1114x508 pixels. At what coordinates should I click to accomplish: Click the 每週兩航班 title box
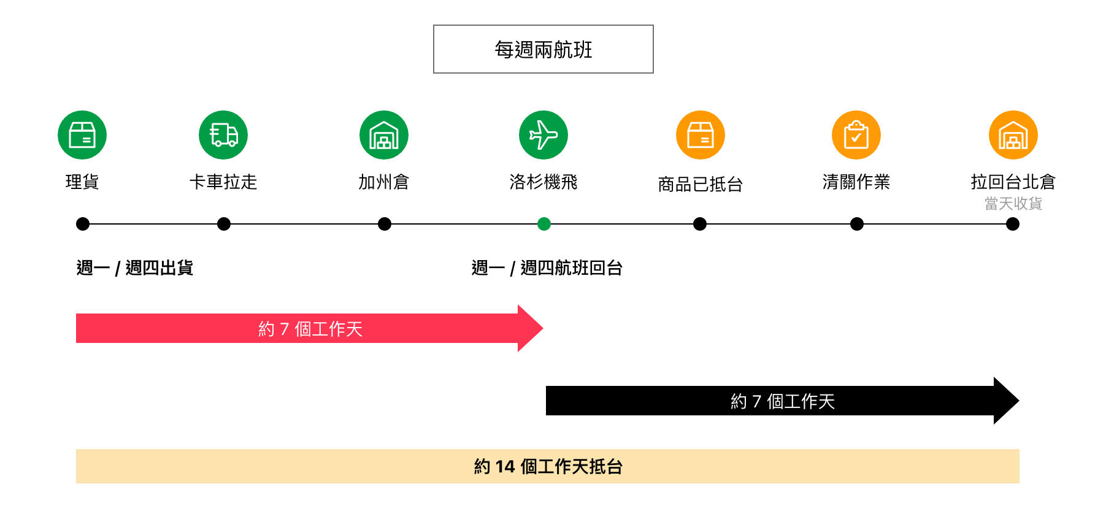click(543, 49)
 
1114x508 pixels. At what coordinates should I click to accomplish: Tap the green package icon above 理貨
click(82, 135)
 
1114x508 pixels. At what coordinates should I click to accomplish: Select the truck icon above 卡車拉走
click(223, 135)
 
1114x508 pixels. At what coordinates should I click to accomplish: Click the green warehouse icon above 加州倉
click(384, 135)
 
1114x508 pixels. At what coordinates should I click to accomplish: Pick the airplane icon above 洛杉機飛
click(544, 135)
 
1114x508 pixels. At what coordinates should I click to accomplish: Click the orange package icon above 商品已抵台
click(701, 135)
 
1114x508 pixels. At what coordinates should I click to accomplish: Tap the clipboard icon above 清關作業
click(856, 135)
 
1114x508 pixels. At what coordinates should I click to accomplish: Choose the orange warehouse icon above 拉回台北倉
click(1013, 135)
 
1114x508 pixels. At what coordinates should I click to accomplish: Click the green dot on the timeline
click(544, 224)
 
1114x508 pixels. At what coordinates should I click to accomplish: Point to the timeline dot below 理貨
click(83, 224)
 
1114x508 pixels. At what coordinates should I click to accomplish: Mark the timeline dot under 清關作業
click(857, 224)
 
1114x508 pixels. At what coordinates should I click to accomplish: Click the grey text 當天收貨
click(1013, 204)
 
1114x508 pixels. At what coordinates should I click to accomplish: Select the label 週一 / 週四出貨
click(135, 268)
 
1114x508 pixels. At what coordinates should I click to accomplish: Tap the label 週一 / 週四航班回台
click(547, 268)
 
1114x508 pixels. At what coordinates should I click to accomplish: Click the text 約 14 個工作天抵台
click(548, 467)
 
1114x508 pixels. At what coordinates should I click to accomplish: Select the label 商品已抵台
click(701, 184)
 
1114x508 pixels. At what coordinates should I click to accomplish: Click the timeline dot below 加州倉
click(385, 224)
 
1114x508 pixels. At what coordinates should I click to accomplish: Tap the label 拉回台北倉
click(1013, 182)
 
